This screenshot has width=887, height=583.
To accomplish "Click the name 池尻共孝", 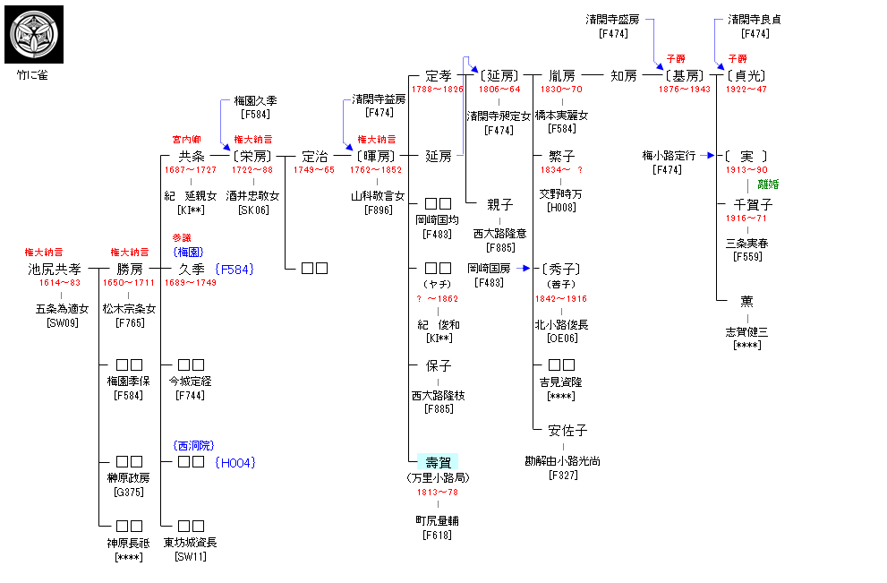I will pyautogui.click(x=54, y=269).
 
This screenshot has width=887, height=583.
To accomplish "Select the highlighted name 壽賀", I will pyautogui.click(x=438, y=462).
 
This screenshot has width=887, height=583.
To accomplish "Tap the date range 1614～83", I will pyautogui.click(x=54, y=283).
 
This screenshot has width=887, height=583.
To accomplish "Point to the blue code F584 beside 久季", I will pyautogui.click(x=235, y=269).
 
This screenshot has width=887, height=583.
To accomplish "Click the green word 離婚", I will pyautogui.click(x=768, y=184).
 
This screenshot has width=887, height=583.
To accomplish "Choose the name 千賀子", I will pyautogui.click(x=753, y=204).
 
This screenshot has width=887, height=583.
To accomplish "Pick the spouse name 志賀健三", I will pyautogui.click(x=746, y=330).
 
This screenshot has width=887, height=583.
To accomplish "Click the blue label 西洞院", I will pyautogui.click(x=193, y=445).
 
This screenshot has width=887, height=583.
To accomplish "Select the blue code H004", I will pyautogui.click(x=235, y=462).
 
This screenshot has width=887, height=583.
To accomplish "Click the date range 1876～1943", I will pyautogui.click(x=685, y=90).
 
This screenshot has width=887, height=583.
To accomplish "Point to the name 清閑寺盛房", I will pyautogui.click(x=613, y=19).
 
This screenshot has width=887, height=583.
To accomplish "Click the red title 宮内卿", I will pyautogui.click(x=186, y=140).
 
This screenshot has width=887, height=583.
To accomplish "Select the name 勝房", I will pyautogui.click(x=130, y=269).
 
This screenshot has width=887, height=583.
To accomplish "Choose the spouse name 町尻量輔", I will pyautogui.click(x=438, y=519).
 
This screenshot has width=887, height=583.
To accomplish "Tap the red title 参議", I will pyautogui.click(x=182, y=237).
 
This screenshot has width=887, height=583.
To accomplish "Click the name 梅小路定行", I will pyautogui.click(x=669, y=155).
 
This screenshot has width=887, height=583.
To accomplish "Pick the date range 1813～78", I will pyautogui.click(x=438, y=492).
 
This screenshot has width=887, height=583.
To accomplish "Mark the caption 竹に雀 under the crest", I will pyautogui.click(x=31, y=75).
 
